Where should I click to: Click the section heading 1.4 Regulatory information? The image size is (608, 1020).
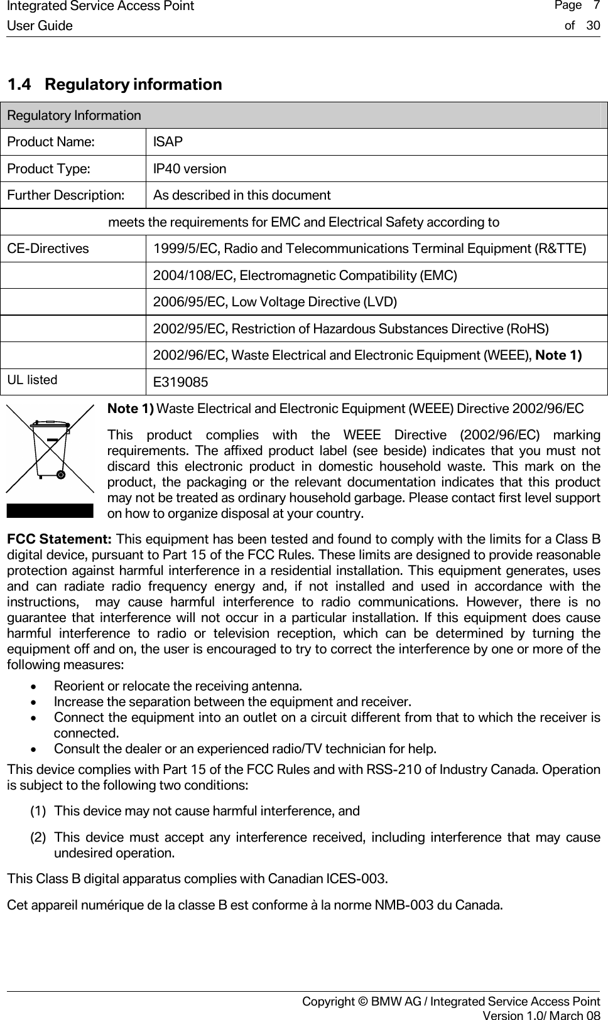[114, 84]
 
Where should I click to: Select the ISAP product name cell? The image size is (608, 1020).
[168, 142]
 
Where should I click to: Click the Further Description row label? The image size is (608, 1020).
[65, 195]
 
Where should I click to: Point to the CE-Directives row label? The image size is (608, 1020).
[48, 249]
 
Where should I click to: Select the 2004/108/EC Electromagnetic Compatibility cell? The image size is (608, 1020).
[305, 276]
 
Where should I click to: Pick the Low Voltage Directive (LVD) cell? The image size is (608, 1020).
[275, 302]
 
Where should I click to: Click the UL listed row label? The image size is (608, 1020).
[32, 380]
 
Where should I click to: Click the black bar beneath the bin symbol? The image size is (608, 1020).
[50, 510]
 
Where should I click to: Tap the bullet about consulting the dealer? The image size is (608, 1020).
[245, 749]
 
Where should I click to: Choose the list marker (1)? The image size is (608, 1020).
[38, 811]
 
